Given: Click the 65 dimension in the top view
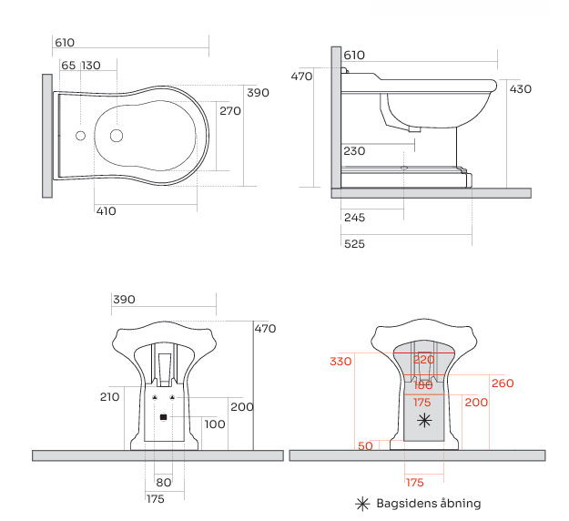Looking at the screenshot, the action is pyautogui.click(x=68, y=66).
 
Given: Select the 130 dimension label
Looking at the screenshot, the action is pyautogui.click(x=91, y=66).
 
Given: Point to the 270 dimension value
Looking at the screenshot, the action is pyautogui.click(x=230, y=111).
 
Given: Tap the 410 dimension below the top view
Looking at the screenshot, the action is pyautogui.click(x=106, y=211).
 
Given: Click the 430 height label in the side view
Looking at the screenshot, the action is pyautogui.click(x=521, y=89).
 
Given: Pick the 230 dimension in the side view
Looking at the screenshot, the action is pyautogui.click(x=354, y=151).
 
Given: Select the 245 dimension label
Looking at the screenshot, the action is pyautogui.click(x=354, y=218).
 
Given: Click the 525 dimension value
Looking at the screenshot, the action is pyautogui.click(x=354, y=243).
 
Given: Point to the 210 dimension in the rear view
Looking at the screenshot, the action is pyautogui.click(x=109, y=397).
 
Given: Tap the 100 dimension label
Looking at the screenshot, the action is pyautogui.click(x=215, y=424).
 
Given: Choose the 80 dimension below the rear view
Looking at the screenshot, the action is pyautogui.click(x=163, y=483).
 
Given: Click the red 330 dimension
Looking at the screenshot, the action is pyautogui.click(x=340, y=362).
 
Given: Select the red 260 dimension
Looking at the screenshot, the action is pyautogui.click(x=503, y=383).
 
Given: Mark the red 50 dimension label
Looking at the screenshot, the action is pyautogui.click(x=365, y=445).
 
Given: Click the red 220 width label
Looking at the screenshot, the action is pyautogui.click(x=424, y=360).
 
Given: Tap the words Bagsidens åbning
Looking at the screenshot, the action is pyautogui.click(x=429, y=503).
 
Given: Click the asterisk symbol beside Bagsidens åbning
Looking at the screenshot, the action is pyautogui.click(x=362, y=504).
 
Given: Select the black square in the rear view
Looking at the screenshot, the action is pyautogui.click(x=163, y=417).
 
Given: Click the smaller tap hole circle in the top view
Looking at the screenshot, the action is pyautogui.click(x=80, y=136).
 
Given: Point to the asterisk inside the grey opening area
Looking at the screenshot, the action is pyautogui.click(x=424, y=421).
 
